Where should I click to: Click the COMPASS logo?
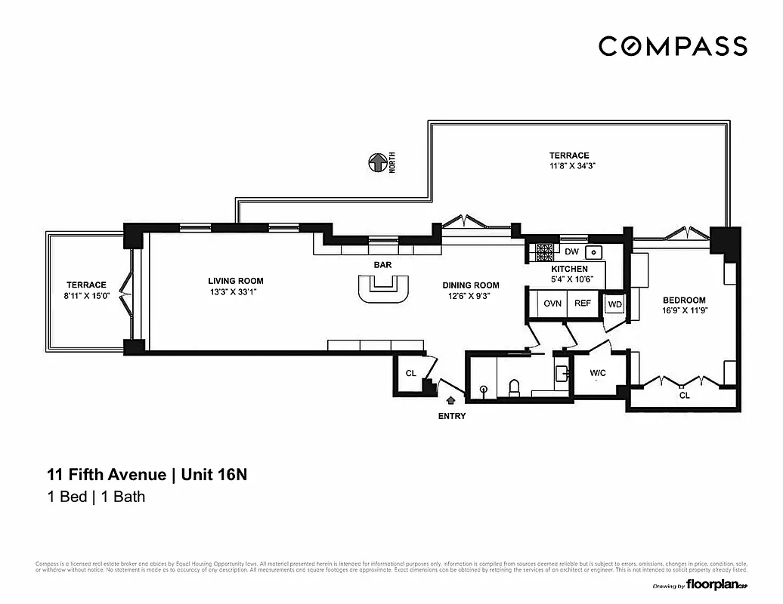[x=673, y=46]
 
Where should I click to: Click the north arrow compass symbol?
[x=376, y=162]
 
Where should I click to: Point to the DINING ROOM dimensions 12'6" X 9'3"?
[x=470, y=296]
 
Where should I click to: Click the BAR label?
[x=382, y=266]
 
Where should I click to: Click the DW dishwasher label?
[x=571, y=252]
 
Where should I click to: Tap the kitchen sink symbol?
[x=595, y=252]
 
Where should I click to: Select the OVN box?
[x=552, y=304]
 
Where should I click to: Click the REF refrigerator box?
[x=582, y=304]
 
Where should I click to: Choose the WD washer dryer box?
[x=614, y=304]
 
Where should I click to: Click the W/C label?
[x=598, y=372]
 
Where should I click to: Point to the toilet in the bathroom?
[x=515, y=388]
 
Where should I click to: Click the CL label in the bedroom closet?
[x=684, y=394]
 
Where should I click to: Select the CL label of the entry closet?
[x=410, y=373]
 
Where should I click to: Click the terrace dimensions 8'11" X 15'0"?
[x=85, y=295]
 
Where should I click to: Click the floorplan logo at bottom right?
[x=717, y=585]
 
